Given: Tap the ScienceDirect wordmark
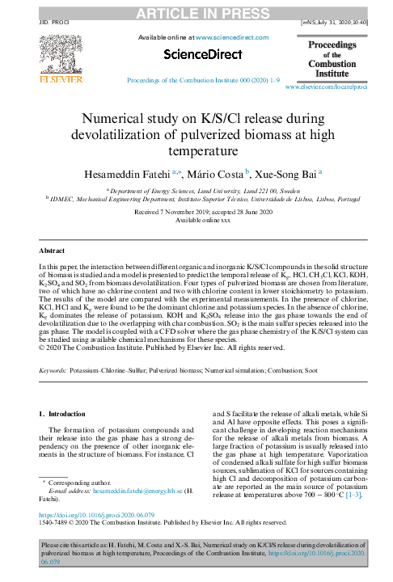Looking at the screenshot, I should (202, 54).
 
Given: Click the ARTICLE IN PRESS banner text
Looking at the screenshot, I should (196, 13).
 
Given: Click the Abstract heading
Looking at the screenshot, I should (54, 251).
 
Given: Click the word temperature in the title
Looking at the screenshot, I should (196, 150).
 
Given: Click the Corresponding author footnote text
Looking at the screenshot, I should (80, 482).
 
